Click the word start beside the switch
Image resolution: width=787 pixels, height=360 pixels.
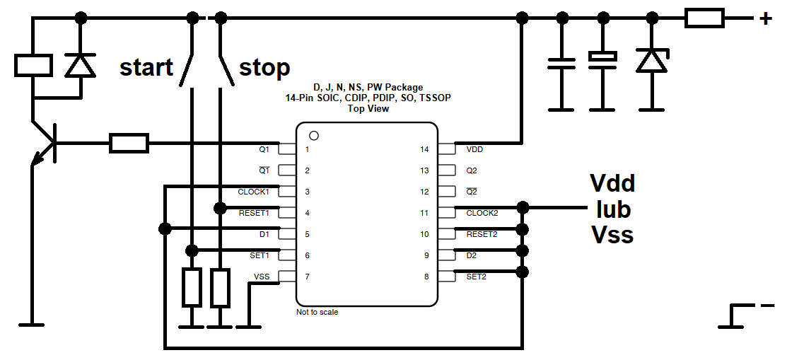pyautogui.click(x=146, y=67)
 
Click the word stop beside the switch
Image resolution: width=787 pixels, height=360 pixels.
pyautogui.click(x=264, y=68)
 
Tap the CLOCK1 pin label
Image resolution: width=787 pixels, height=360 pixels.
pyautogui.click(x=253, y=192)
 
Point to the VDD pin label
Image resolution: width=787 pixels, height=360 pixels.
pyautogui.click(x=474, y=149)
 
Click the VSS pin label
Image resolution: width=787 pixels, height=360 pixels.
pyautogui.click(x=262, y=277)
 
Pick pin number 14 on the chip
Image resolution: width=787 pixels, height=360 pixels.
pyautogui.click(x=425, y=149)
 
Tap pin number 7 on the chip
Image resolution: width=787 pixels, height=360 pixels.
pyautogui.click(x=307, y=277)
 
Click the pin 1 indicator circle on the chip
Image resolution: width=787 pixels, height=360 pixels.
pyautogui.click(x=314, y=136)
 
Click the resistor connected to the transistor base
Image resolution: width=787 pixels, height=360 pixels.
pyautogui.click(x=129, y=143)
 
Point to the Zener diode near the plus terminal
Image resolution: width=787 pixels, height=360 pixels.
pyautogui.click(x=652, y=59)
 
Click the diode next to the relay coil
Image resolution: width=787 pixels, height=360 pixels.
pyautogui.click(x=81, y=65)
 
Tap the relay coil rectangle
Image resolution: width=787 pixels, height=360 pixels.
pyautogui.click(x=34, y=65)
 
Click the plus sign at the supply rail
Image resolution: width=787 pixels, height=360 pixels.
pyautogui.click(x=765, y=20)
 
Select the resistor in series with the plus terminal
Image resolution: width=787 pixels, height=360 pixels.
pyautogui.click(x=704, y=19)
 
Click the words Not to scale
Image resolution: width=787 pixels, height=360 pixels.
pyautogui.click(x=317, y=313)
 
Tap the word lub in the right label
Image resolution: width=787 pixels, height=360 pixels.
pyautogui.click(x=613, y=210)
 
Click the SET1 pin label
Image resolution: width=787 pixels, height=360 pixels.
pyautogui.click(x=260, y=255)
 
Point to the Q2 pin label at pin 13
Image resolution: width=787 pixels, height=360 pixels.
pyautogui.click(x=472, y=170)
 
